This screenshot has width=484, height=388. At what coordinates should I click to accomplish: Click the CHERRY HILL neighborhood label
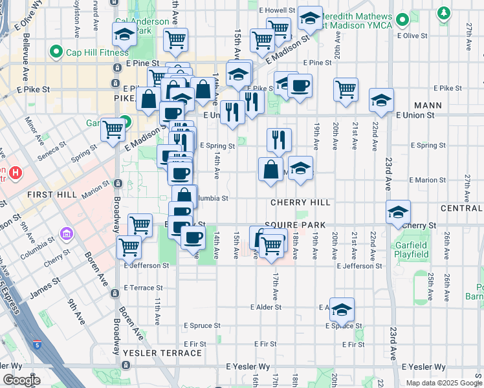tap(300, 202)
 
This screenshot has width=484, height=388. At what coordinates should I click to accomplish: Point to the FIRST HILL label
tap(52, 195)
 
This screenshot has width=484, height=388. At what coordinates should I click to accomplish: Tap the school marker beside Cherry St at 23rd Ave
tap(398, 211)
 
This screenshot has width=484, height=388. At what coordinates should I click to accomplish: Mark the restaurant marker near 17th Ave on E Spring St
tap(279, 139)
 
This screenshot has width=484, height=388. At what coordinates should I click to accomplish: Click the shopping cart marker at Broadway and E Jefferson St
tap(129, 246)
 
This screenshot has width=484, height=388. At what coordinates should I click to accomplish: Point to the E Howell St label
tap(276, 11)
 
